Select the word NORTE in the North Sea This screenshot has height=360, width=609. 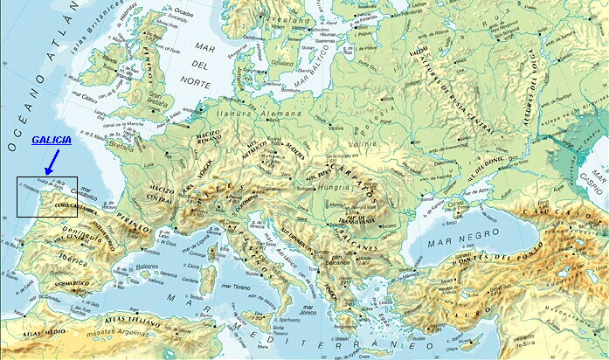199,87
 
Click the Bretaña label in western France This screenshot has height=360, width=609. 122,149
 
